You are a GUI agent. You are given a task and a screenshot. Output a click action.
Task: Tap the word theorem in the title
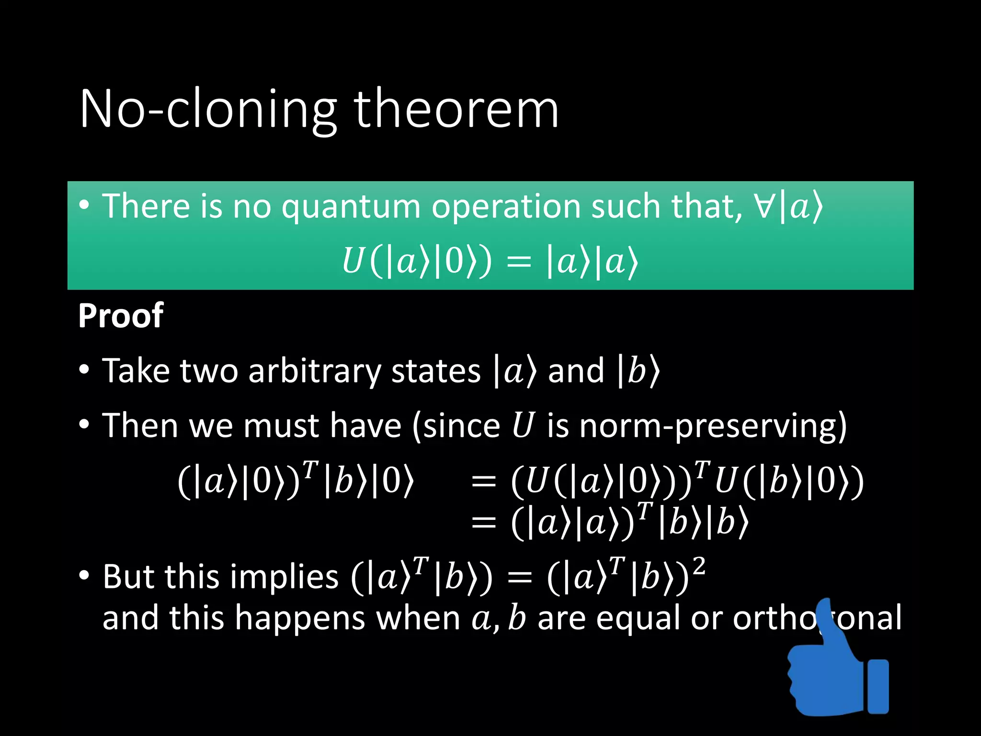tap(456, 109)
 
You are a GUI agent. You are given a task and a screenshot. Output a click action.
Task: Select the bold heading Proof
tap(121, 316)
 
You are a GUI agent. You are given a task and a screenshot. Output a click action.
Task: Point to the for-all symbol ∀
tap(765, 207)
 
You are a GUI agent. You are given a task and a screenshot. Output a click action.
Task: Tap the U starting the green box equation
tap(352, 262)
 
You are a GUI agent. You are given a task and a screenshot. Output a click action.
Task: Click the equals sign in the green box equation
tap(519, 263)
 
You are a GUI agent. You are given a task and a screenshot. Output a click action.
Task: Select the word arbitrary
tap(315, 371)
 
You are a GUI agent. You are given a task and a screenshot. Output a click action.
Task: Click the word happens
tap(300, 619)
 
